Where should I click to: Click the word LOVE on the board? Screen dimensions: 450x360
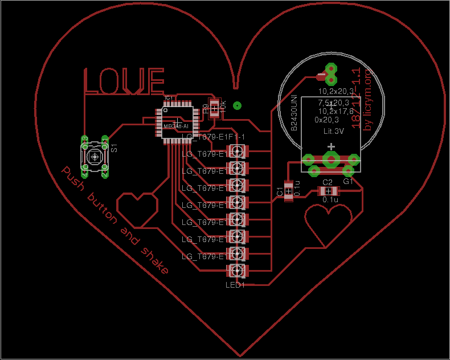(x=124, y=81)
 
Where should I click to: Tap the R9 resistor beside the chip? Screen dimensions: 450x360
(x=214, y=108)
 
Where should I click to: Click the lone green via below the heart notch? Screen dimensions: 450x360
(x=238, y=105)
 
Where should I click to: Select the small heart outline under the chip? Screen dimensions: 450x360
(x=137, y=208)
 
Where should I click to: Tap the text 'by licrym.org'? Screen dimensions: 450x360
(x=367, y=100)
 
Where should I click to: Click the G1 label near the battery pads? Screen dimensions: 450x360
(x=347, y=181)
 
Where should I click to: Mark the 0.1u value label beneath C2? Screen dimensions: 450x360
(x=330, y=200)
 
